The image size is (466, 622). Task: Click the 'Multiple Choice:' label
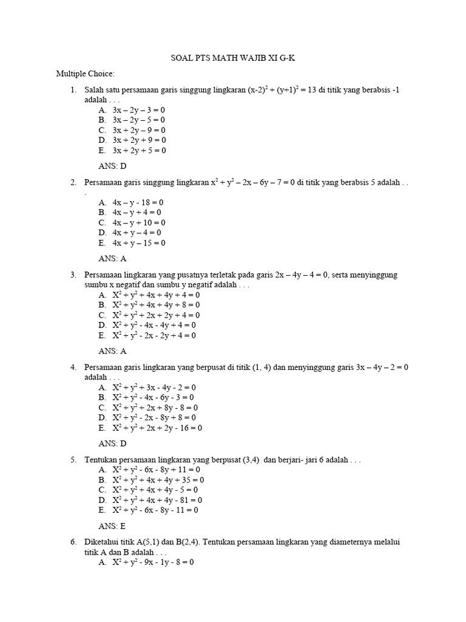85,74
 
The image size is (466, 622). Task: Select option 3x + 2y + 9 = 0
138,140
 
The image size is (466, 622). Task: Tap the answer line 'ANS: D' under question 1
112,166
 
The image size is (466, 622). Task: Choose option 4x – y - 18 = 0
138,202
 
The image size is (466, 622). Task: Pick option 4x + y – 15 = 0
139,243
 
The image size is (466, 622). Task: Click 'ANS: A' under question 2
112,258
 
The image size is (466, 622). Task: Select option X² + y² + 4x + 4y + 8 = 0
155,305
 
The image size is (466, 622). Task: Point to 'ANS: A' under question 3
112,350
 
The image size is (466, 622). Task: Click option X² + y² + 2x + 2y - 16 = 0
157,428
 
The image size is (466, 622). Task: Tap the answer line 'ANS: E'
112,526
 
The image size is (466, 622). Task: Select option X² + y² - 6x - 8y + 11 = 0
155,470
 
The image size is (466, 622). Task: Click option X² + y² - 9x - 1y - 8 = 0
152,562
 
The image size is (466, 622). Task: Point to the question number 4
73,367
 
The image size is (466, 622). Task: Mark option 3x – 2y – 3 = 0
138,110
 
